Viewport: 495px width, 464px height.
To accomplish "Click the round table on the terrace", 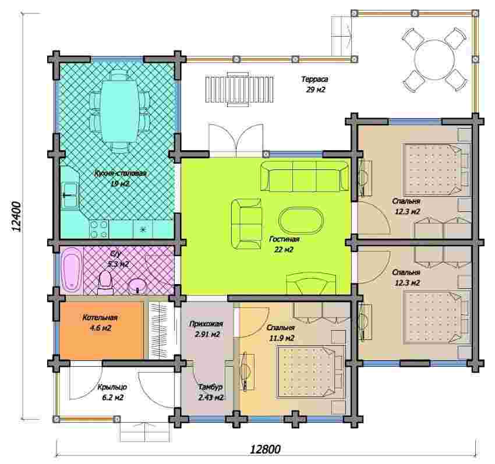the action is coord(434,59).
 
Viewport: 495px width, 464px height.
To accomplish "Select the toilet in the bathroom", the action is coord(105,282).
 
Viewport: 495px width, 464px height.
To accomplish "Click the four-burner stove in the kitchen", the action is coord(99,229).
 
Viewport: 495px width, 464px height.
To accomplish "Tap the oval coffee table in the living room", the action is coord(301,220).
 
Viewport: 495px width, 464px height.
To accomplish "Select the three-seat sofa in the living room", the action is coord(305,176).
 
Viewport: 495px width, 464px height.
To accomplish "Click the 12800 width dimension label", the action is coord(265,448).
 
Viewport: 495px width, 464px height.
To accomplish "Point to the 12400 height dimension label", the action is coord(16,217).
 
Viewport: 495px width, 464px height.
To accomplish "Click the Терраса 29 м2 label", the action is coord(315,84).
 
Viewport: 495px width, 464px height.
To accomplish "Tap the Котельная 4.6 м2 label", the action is coord(100,323).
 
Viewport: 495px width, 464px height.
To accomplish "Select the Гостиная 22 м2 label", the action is coord(284,245).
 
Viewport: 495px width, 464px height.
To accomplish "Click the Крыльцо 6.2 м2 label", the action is coord(112,392).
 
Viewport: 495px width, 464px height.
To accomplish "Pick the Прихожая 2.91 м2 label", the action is coord(206,329).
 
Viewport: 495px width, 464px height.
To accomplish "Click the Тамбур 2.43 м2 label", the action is coord(211,392).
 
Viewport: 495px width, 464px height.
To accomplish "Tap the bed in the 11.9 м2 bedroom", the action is coord(310,371).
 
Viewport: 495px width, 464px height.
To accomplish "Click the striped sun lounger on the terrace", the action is coord(240,89).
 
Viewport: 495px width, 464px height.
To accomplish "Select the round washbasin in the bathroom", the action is coord(137,286).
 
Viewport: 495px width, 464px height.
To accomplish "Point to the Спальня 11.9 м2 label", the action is coord(281,333).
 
